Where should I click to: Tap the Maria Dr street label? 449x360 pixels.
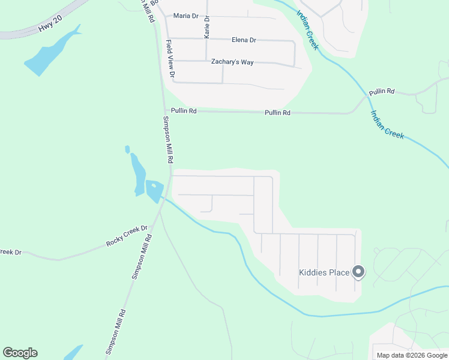click(x=185, y=16)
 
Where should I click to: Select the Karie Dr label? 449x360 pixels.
click(x=207, y=28)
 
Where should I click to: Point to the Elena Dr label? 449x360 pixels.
click(x=244, y=40)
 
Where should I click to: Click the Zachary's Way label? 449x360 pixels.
click(x=232, y=62)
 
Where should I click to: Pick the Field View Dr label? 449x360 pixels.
click(x=170, y=59)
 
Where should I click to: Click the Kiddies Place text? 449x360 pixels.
click(x=324, y=272)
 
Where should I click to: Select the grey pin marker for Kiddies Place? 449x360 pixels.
click(x=358, y=272)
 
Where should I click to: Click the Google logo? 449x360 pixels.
click(x=20, y=353)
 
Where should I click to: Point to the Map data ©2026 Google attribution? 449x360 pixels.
click(x=412, y=355)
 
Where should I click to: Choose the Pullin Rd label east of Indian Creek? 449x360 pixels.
click(x=382, y=92)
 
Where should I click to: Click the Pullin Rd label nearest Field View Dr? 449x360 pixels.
click(x=184, y=111)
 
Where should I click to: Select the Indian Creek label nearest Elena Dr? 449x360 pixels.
click(x=307, y=30)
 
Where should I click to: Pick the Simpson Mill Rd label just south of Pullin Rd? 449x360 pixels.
click(x=168, y=139)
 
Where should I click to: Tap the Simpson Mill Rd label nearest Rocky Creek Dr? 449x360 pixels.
click(x=142, y=256)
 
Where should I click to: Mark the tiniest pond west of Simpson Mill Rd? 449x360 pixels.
click(x=127, y=149)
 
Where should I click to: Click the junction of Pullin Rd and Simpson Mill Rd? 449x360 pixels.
click(x=165, y=110)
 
